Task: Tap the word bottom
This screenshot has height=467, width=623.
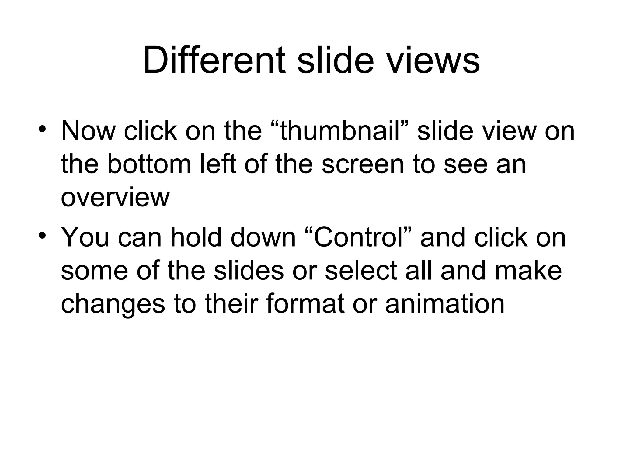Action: [149, 164]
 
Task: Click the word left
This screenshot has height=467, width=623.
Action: [218, 164]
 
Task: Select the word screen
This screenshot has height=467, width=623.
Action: [363, 164]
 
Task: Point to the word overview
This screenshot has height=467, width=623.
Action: [115, 198]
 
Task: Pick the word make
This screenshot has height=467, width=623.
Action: [528, 271]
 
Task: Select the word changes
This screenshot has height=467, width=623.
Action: [113, 304]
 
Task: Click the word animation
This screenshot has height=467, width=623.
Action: [445, 304]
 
